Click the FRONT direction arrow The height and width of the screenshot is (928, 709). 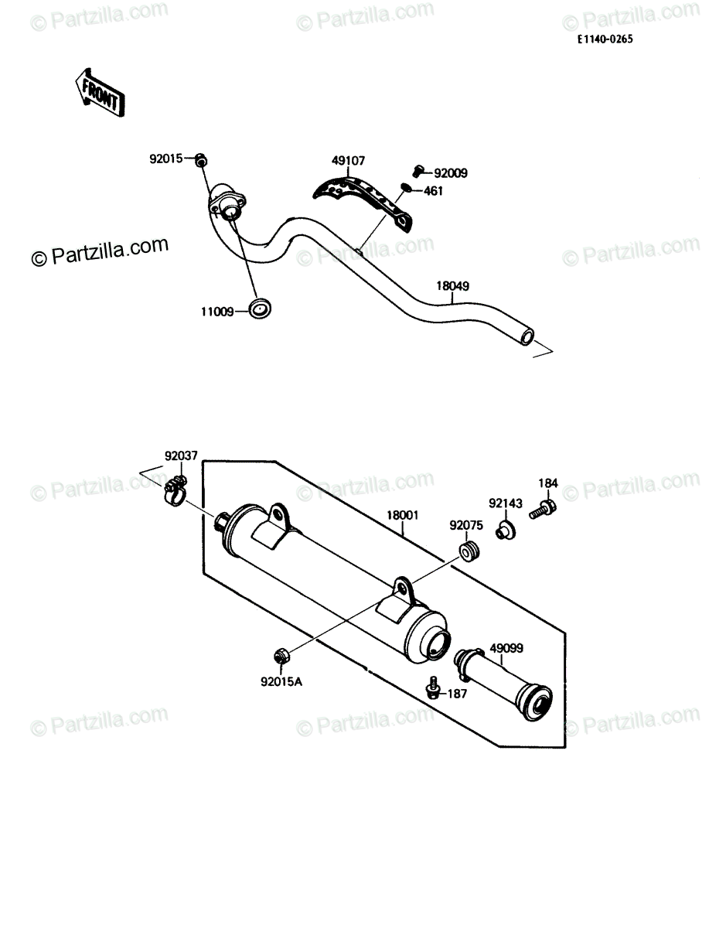pyautogui.click(x=100, y=93)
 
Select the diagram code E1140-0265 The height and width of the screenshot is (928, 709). pyautogui.click(x=605, y=39)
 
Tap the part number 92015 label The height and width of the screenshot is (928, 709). pyautogui.click(x=166, y=159)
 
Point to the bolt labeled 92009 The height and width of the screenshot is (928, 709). pyautogui.click(x=418, y=171)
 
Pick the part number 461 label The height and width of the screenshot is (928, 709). pyautogui.click(x=433, y=191)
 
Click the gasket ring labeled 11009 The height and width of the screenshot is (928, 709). pyautogui.click(x=260, y=309)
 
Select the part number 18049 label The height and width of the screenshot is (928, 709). pyautogui.click(x=452, y=286)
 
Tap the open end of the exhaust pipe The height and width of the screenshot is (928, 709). pyautogui.click(x=528, y=337)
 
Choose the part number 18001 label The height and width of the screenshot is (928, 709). pyautogui.click(x=402, y=515)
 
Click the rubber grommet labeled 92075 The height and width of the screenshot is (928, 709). pyautogui.click(x=469, y=552)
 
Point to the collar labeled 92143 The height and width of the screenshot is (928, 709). pyautogui.click(x=506, y=531)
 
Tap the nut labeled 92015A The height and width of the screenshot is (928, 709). pyautogui.click(x=280, y=656)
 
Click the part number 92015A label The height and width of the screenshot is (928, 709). pyautogui.click(x=281, y=682)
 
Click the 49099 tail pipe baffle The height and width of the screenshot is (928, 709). pyautogui.click(x=503, y=686)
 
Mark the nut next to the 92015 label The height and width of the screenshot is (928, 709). pyautogui.click(x=201, y=160)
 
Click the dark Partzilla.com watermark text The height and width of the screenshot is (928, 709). pyautogui.click(x=100, y=252)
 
